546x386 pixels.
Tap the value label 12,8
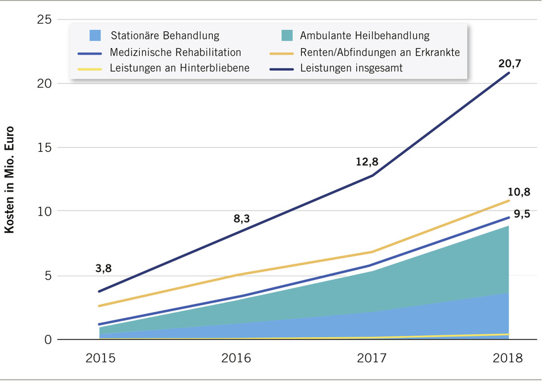pos(366,162)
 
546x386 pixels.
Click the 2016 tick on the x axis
pos(236,358)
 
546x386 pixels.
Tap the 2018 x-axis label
pos(508,358)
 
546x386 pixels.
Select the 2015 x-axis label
pos(100,358)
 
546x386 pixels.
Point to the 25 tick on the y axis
pos(44,19)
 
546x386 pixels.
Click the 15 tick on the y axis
pos(44,147)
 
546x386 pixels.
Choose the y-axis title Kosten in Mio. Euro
pos(10,180)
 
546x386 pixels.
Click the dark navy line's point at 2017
pos(373,175)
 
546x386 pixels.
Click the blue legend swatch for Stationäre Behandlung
pos(95,35)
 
